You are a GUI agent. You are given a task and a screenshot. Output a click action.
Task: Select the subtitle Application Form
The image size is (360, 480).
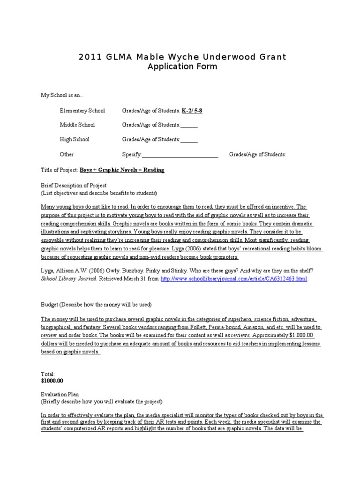coord(182,67)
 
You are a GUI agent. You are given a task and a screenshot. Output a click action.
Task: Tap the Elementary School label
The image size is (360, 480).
coord(82,111)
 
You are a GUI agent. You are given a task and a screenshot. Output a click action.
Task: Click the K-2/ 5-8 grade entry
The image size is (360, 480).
coord(192,111)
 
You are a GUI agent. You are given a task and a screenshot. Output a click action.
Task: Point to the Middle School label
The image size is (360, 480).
coord(77,125)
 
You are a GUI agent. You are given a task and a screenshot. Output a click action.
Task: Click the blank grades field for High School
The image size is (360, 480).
coord(189,140)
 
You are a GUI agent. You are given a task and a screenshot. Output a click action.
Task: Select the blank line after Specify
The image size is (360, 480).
coord(180,155)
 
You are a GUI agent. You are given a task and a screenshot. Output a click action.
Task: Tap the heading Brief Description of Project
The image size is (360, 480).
coord(74,185)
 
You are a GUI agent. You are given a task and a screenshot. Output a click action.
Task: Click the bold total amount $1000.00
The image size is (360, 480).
coord(52,381)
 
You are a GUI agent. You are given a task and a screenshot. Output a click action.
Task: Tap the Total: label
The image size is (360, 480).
coord(48,374)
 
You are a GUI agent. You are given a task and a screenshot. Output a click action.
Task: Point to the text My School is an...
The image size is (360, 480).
coord(62,96)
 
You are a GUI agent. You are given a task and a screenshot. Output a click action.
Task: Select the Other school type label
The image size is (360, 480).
coord(67,154)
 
